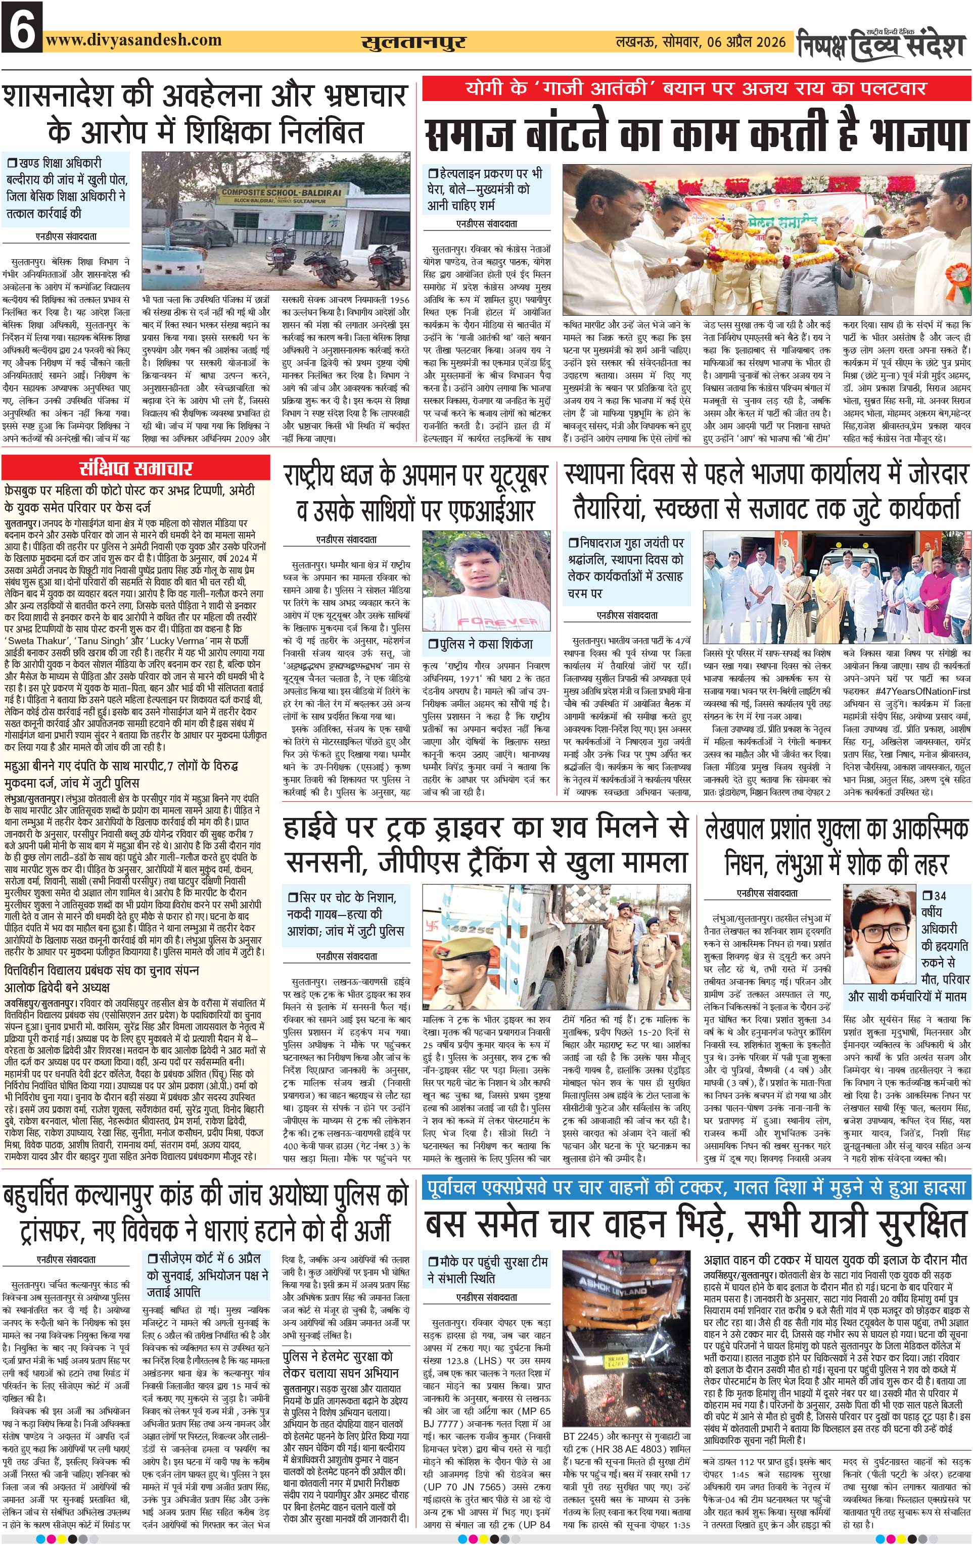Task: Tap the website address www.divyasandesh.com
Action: click(x=133, y=40)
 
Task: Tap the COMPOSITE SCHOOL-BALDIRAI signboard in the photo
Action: click(x=274, y=196)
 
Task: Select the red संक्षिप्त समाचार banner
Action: click(x=136, y=467)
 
